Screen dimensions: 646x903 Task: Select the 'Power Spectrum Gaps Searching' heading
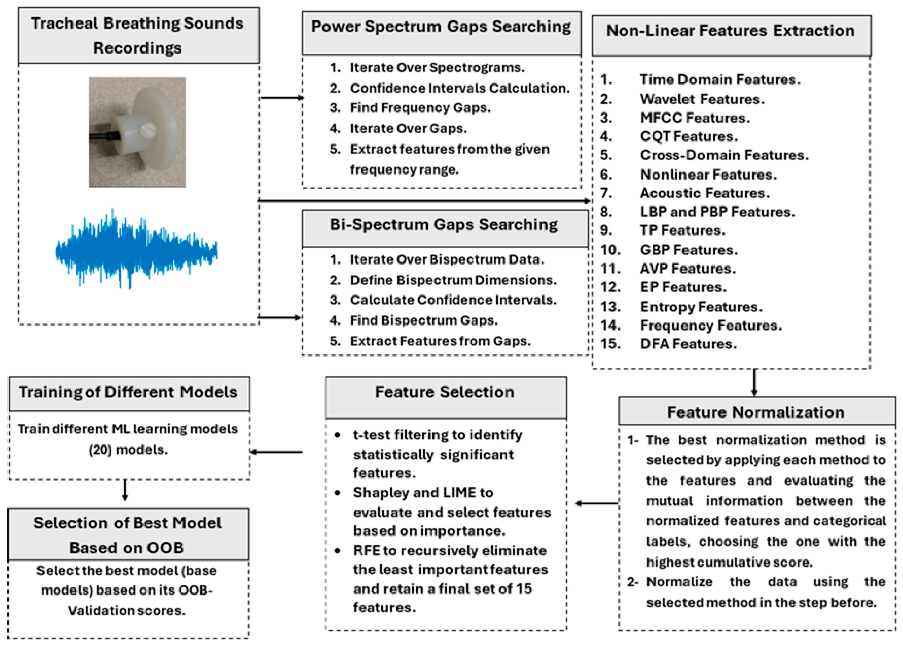point(441,27)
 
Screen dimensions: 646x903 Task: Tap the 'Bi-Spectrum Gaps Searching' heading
point(443,225)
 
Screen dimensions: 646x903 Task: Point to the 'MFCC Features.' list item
point(695,118)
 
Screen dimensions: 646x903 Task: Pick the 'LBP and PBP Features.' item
point(717,212)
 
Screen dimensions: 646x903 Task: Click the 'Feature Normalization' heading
point(755,413)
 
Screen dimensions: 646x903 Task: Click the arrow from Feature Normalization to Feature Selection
point(596,503)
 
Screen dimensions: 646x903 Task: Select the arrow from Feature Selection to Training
point(276,452)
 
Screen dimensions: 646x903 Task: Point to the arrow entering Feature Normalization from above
point(754,382)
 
